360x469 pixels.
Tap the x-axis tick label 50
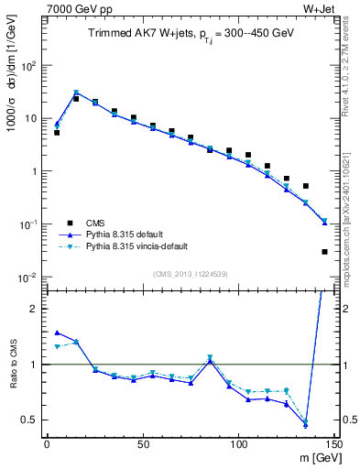[142, 444]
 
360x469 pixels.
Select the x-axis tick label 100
[238, 444]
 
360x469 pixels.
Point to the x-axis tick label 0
[47, 444]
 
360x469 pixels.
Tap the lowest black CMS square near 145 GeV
[324, 251]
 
